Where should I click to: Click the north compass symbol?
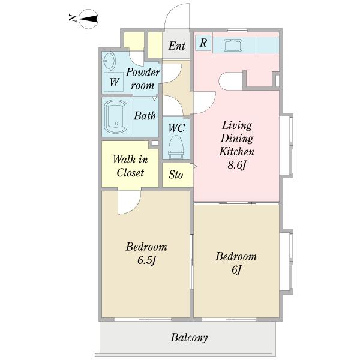pos(88,19)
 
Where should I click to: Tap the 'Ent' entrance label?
pos(176,46)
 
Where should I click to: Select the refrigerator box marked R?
pos(203,43)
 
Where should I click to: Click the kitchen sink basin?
pos(233,45)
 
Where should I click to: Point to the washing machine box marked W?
pos(114,82)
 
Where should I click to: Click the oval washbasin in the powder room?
pos(109,61)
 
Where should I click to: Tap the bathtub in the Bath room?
pos(116,116)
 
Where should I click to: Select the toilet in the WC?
pos(176,147)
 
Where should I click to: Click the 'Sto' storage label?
pos(176,175)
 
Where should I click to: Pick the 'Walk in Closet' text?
pos(130,166)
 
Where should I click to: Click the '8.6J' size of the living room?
pos(237,165)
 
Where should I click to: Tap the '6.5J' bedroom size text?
pos(147,260)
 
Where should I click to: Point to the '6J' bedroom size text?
pos(236,269)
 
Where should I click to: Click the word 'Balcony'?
pos(189,338)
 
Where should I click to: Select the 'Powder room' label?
pos(143,79)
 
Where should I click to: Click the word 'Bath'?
pos(145,116)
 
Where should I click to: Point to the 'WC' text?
pos(176,128)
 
